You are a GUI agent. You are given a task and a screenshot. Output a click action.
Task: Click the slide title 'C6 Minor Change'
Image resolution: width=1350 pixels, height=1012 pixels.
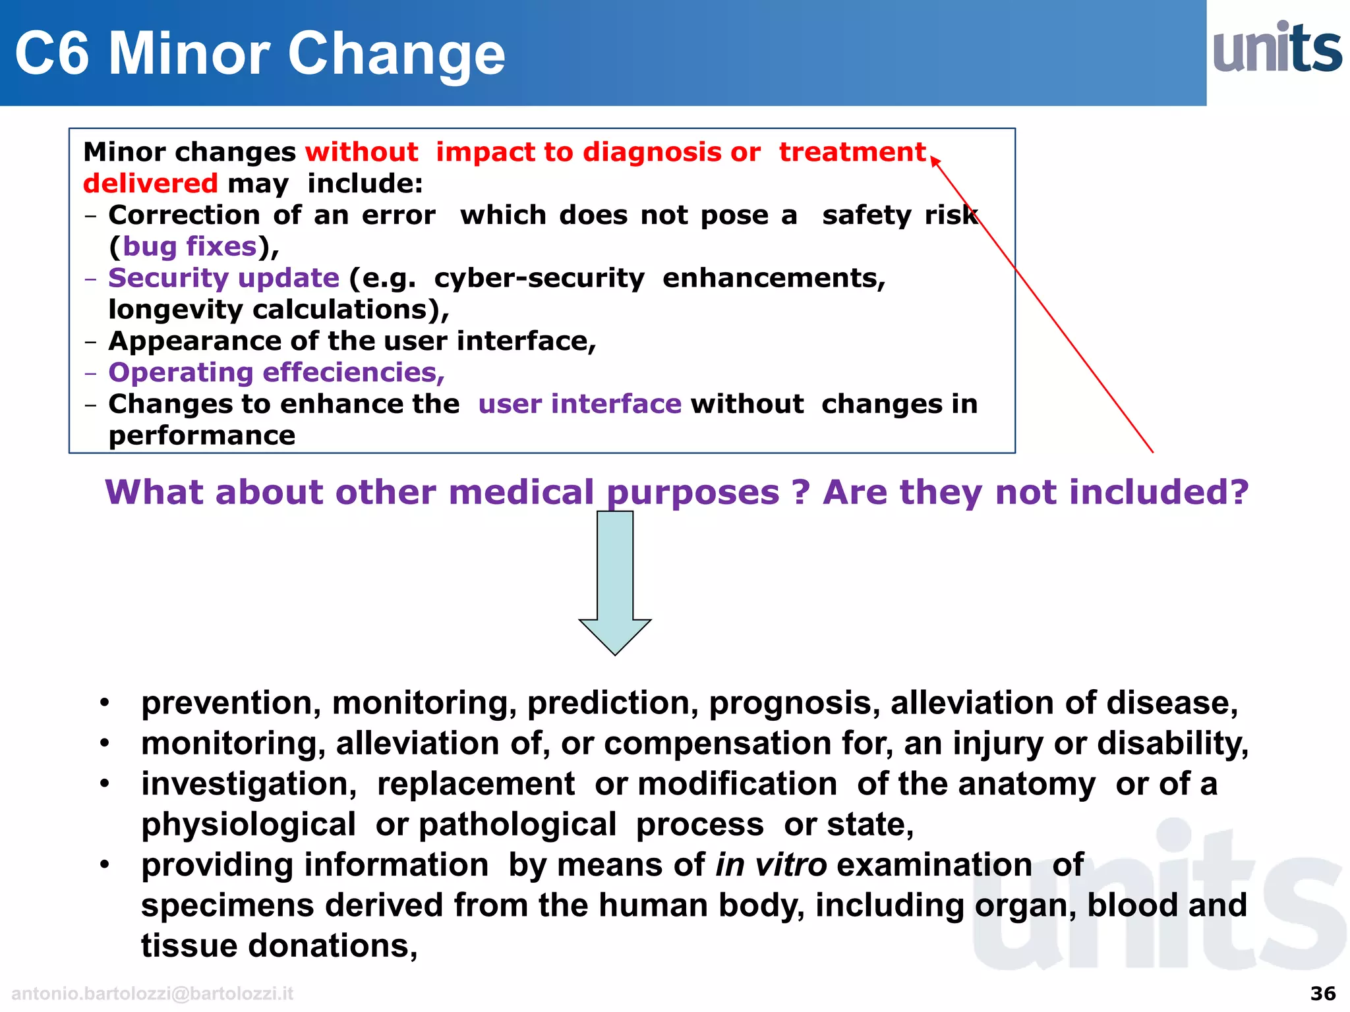point(260,54)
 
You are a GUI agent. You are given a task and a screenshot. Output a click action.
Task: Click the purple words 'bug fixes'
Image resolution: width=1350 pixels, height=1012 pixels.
point(190,246)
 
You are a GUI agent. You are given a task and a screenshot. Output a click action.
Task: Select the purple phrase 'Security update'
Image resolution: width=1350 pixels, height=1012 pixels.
point(223,278)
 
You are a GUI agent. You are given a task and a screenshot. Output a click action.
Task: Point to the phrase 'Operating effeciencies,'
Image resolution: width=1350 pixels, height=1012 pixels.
point(276,373)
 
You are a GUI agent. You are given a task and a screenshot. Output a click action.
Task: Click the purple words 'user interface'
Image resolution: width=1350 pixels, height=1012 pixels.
point(579,404)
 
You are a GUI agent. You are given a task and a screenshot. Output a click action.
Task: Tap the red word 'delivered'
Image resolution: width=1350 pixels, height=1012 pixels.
point(150,183)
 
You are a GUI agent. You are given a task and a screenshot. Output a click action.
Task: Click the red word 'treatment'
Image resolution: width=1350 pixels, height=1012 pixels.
point(852,152)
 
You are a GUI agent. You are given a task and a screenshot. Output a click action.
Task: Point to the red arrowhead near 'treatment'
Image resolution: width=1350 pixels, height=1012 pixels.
point(935,160)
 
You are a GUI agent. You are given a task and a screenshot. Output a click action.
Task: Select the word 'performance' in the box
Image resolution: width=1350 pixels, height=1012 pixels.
point(202,436)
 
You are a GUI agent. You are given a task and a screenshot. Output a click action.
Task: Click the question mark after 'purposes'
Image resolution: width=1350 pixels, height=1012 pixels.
point(800,492)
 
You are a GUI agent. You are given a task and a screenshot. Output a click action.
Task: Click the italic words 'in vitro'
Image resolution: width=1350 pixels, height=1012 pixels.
point(771,864)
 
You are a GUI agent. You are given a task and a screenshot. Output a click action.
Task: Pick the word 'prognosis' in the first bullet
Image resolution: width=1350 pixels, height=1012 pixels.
point(794,703)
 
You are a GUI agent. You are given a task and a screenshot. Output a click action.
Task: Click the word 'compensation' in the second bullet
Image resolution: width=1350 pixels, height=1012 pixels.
point(718,744)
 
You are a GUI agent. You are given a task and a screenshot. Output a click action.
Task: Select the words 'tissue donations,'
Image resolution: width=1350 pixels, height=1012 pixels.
point(279,945)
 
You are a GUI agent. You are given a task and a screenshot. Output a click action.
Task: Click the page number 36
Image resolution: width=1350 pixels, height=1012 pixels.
point(1322,993)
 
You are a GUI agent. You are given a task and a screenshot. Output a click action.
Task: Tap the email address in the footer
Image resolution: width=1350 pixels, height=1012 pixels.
point(152,994)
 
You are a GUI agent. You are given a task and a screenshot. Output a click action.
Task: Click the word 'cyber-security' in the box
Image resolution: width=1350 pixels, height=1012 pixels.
point(539,278)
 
